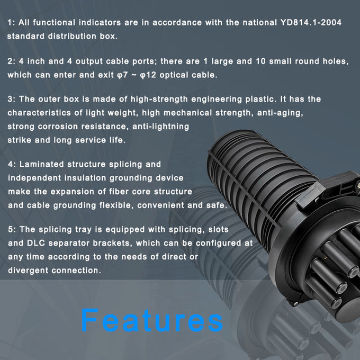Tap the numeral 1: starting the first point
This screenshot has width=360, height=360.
(x=10, y=23)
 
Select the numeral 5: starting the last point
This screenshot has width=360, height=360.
(x=10, y=230)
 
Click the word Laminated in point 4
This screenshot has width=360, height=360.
(x=40, y=165)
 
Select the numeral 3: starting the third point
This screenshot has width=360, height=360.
(x=10, y=100)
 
